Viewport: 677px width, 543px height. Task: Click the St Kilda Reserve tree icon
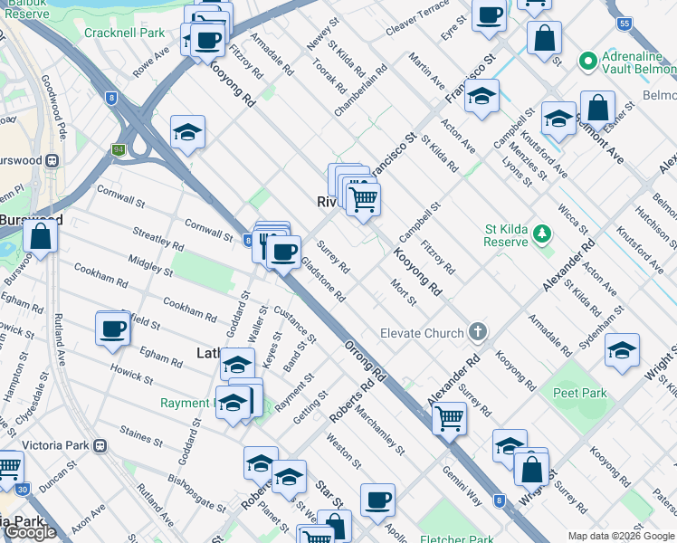tap(542, 234)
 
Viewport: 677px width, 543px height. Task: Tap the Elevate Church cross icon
tap(478, 333)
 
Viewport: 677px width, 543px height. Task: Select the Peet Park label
tap(580, 394)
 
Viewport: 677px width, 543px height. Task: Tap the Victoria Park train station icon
tap(101, 445)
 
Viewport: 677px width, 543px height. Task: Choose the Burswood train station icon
tap(52, 160)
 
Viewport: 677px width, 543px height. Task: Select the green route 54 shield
tap(119, 149)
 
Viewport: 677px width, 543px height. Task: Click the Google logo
tap(30, 532)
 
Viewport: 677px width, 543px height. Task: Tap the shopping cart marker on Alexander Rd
tap(450, 418)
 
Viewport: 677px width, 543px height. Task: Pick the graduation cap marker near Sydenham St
tap(622, 351)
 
